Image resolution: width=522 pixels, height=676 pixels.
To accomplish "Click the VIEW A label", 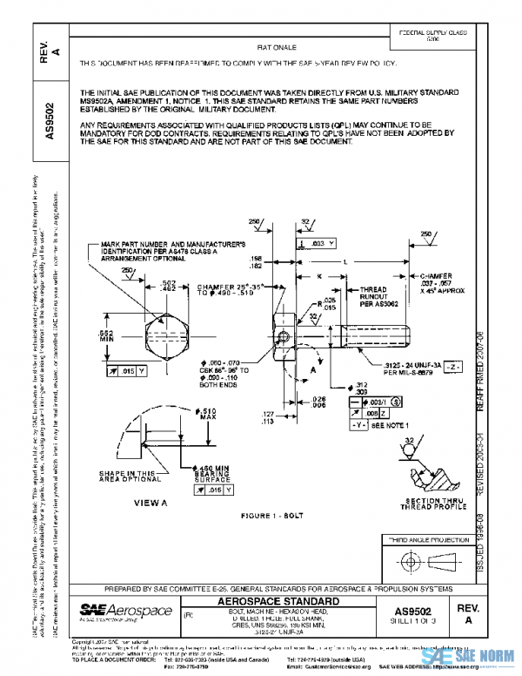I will (151, 504).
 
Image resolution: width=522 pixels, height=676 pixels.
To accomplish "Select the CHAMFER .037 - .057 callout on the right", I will (449, 282).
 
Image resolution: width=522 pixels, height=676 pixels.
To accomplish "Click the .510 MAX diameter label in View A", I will (207, 413).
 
